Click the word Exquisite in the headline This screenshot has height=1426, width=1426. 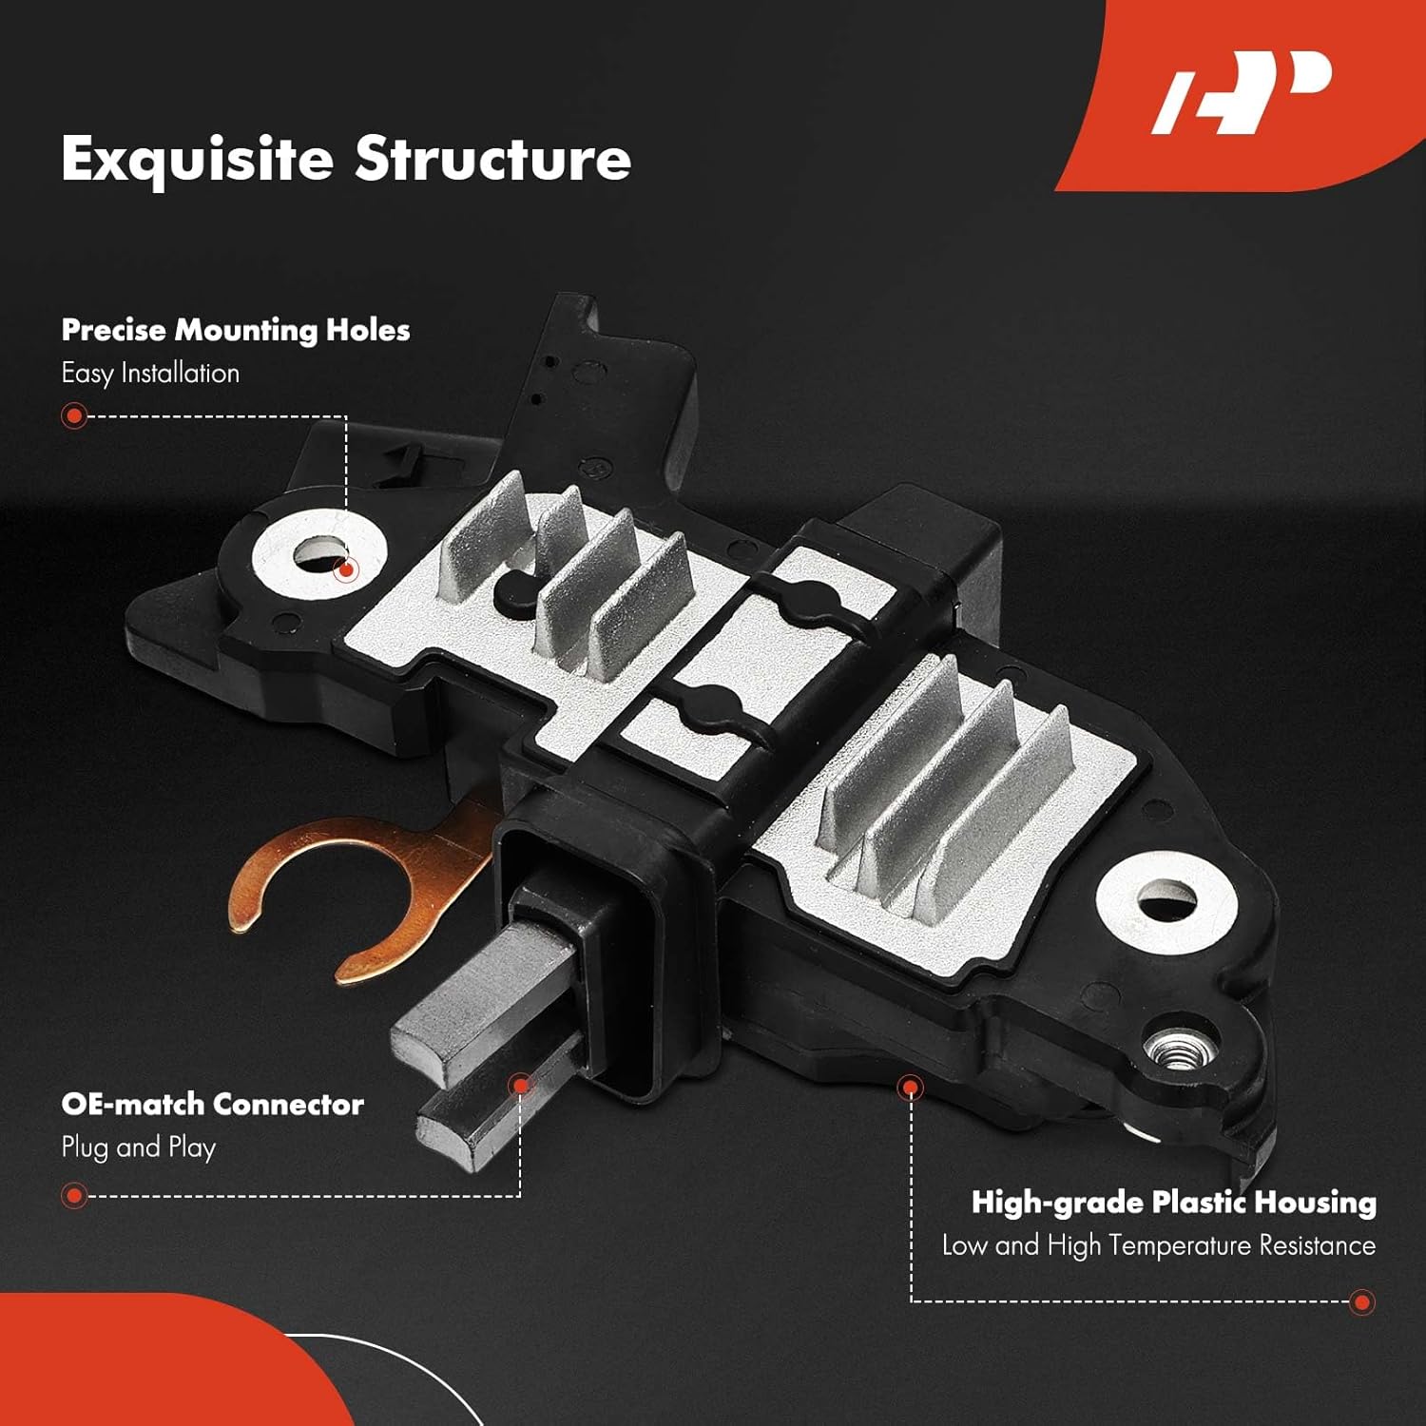197,159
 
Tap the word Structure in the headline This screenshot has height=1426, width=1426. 492,159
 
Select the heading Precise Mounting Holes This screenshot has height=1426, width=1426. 236,330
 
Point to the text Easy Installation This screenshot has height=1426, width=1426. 150,373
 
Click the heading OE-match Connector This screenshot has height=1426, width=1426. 212,1104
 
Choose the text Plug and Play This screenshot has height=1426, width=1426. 139,1147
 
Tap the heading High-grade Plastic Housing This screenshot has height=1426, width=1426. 1173,1203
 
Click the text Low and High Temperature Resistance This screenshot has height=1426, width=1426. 1158,1245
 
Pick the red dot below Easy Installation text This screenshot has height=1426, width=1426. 73,415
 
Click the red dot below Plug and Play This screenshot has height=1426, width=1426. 73,1195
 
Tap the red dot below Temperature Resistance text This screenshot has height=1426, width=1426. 1362,1301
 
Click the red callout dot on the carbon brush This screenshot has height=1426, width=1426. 520,1085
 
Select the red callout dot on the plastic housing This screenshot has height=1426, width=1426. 911,1087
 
